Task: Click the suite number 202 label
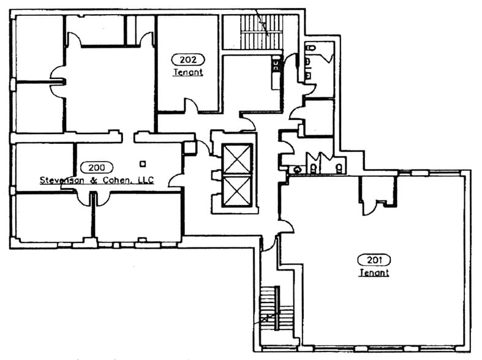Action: tap(188, 59)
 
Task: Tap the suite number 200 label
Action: tap(97, 167)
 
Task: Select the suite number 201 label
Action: tap(374, 260)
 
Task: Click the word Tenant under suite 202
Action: tap(188, 72)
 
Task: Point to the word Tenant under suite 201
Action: tap(374, 272)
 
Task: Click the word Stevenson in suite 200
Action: tap(62, 180)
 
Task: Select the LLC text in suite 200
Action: tap(146, 180)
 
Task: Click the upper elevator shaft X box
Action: tap(237, 159)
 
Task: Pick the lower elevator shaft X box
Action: tap(237, 191)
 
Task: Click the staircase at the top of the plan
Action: tap(262, 32)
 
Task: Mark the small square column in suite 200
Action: tap(143, 163)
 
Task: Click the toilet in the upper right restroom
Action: tap(311, 48)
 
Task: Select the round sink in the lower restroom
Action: tap(297, 169)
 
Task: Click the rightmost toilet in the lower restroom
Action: tap(339, 168)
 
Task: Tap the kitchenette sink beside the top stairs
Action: tap(276, 65)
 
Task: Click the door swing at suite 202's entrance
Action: tap(192, 105)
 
